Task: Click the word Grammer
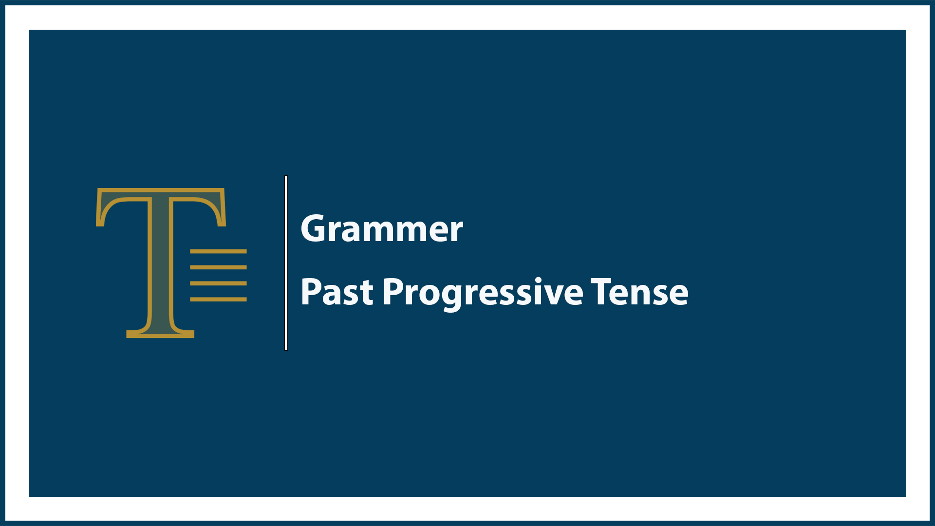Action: [382, 229]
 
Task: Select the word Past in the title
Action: [337, 292]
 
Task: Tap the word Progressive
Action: [483, 292]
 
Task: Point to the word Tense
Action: [639, 292]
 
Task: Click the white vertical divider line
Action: [286, 263]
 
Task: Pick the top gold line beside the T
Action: [218, 251]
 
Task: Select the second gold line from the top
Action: [218, 267]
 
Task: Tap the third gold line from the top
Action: [218, 283]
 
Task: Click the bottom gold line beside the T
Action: [218, 299]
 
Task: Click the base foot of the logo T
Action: [160, 333]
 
